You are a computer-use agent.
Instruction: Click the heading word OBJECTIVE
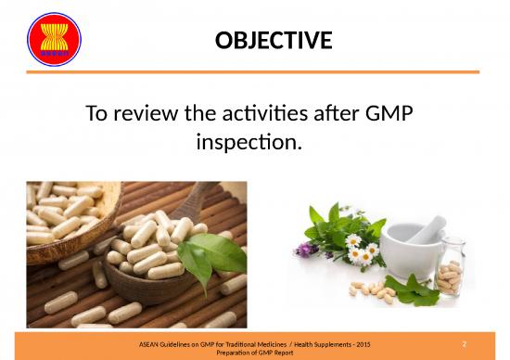(x=273, y=41)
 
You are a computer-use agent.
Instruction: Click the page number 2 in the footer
(x=477, y=343)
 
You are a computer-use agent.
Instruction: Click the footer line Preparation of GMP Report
(x=254, y=354)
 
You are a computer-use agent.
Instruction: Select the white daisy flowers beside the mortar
(x=359, y=247)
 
